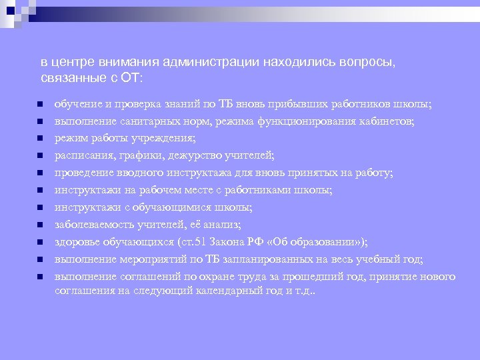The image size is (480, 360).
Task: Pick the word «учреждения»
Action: pyautogui.click(x=169, y=139)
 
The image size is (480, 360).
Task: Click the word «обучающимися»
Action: pyautogui.click(x=164, y=207)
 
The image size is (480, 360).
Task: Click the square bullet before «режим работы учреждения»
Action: pyautogui.click(x=40, y=139)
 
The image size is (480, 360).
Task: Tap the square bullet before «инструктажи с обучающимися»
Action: pyautogui.click(x=40, y=207)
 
